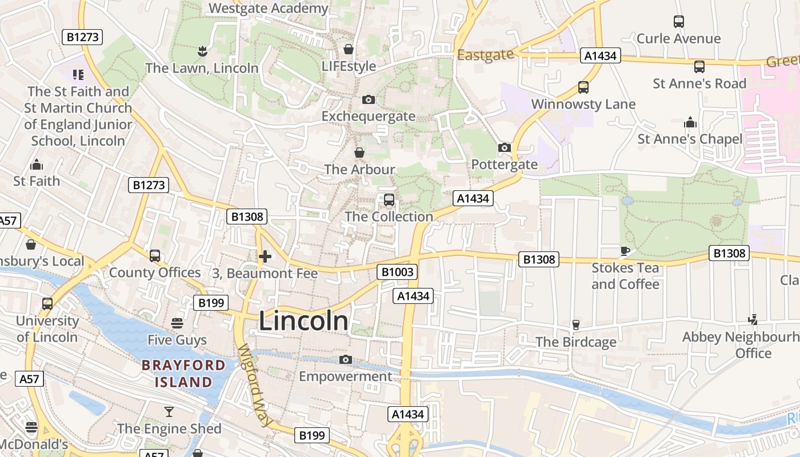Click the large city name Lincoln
(303, 321)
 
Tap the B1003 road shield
(397, 272)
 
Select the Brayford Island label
(183, 374)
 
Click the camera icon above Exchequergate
(369, 100)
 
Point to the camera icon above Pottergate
(504, 148)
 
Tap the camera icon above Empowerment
(345, 359)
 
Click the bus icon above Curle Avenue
(678, 22)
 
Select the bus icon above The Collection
(389, 200)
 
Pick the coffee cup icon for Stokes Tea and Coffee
(625, 251)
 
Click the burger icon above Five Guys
(177, 323)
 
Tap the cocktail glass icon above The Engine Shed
(169, 412)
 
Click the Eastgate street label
(486, 55)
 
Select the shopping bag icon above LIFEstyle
(349, 49)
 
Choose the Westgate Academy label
(268, 9)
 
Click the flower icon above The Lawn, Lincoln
(201, 52)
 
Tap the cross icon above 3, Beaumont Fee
(265, 256)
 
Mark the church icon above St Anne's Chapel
(690, 122)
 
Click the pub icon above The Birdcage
(575, 325)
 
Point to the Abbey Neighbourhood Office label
(741, 345)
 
